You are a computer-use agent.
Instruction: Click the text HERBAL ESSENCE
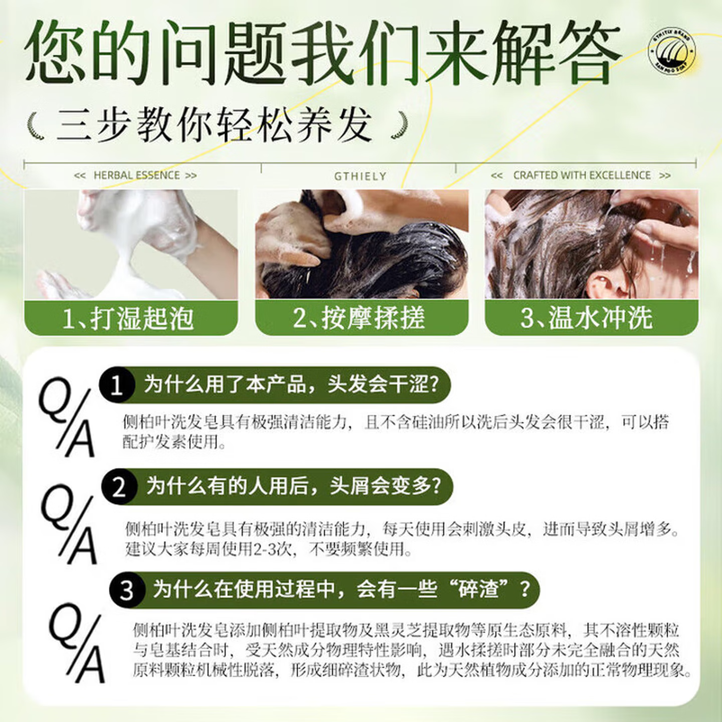[136, 175]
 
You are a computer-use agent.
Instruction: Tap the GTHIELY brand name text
[360, 176]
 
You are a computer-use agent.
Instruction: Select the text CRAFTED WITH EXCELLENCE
[582, 175]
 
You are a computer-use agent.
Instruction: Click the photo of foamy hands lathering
[131, 244]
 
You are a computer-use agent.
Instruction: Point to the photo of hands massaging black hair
[362, 244]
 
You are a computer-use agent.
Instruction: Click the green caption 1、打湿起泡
[129, 318]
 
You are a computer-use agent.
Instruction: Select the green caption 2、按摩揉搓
[360, 318]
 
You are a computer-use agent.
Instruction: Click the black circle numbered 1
[116, 385]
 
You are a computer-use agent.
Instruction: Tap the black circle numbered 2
[119, 487]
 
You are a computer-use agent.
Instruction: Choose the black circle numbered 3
[126, 590]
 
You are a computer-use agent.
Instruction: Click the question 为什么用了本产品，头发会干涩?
[291, 385]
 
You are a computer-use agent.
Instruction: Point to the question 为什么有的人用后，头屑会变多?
[293, 486]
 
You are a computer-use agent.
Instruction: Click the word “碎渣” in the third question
[479, 589]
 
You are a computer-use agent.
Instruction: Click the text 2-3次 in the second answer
[273, 550]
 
